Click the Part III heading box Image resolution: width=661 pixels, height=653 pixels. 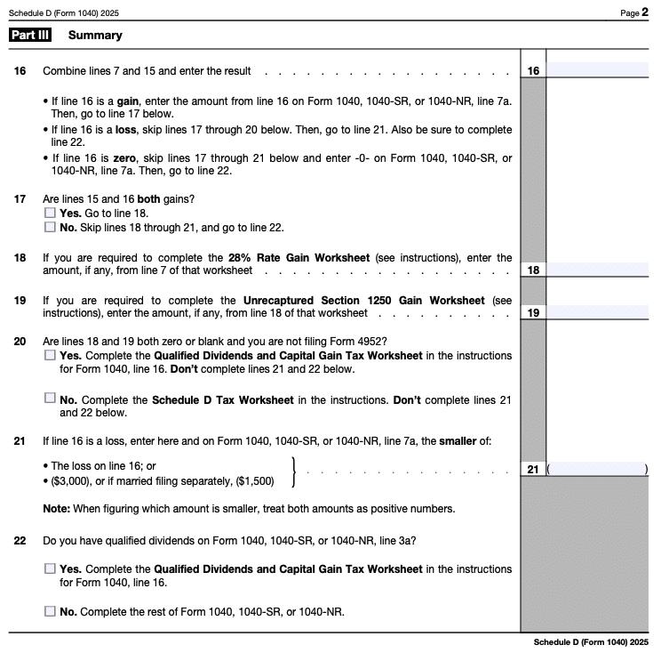coord(29,36)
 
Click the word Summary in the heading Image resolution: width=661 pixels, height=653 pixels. coord(95,36)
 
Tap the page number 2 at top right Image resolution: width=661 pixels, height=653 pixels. coord(645,12)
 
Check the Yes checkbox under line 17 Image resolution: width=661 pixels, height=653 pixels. coord(50,214)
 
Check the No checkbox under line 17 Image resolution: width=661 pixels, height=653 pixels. coord(50,228)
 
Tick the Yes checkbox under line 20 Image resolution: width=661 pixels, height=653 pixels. coord(50,355)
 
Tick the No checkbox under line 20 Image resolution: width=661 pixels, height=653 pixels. coord(50,399)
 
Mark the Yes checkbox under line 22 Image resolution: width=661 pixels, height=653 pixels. coord(50,568)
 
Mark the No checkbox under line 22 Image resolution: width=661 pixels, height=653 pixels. coord(50,611)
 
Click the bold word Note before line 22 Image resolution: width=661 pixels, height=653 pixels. coord(57,509)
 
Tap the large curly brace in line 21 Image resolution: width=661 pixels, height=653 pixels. coord(295,472)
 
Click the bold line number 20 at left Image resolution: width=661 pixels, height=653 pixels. coord(20,342)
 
